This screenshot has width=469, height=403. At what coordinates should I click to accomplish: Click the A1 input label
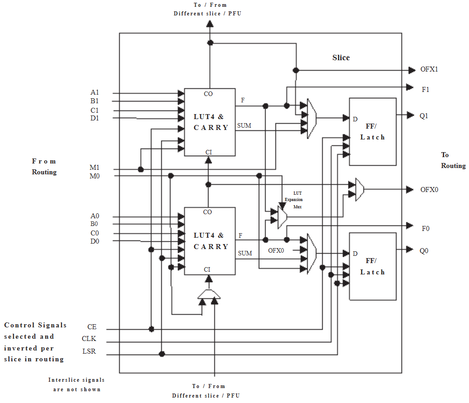click(x=94, y=92)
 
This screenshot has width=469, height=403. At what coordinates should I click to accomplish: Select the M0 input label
click(x=94, y=176)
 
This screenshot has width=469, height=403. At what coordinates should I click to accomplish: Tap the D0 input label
click(x=94, y=241)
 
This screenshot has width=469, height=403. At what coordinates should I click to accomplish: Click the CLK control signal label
click(x=89, y=339)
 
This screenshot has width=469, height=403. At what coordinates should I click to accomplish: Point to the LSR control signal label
click(x=89, y=351)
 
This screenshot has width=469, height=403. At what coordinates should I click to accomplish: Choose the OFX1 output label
click(x=429, y=70)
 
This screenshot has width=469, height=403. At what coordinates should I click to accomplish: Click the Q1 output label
click(x=424, y=115)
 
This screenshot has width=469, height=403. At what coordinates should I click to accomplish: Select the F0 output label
click(x=425, y=228)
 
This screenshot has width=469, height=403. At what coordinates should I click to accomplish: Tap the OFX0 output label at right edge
click(x=429, y=189)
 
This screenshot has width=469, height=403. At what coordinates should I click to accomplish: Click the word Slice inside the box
click(x=341, y=58)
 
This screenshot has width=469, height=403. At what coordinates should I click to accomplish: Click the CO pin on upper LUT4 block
click(x=208, y=94)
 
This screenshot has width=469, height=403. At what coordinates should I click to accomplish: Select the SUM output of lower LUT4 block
click(x=245, y=253)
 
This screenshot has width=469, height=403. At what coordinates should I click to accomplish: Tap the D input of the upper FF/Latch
click(x=355, y=119)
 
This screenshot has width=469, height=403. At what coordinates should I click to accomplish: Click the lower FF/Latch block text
click(x=372, y=266)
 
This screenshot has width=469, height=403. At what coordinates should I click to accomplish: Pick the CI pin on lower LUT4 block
click(x=207, y=269)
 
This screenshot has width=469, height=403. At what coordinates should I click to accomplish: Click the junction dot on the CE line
click(x=151, y=329)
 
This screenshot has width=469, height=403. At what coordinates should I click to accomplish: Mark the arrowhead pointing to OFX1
click(x=411, y=70)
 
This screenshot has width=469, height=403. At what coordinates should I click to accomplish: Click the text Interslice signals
click(x=77, y=380)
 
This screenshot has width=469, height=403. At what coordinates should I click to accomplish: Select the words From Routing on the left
click(x=44, y=167)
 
